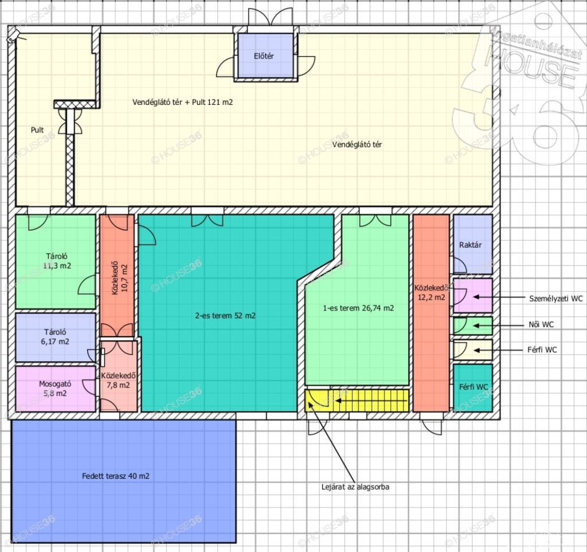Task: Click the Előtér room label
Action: coord(264,56)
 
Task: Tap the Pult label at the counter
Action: coord(37,130)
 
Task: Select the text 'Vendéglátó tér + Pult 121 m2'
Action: coord(183,102)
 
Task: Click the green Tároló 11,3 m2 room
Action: coord(56,261)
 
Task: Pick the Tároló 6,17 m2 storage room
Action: coord(56,337)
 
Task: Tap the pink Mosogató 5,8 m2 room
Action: coord(56,389)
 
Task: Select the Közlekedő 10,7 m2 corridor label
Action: coord(120,278)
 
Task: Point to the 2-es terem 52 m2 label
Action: coord(225,316)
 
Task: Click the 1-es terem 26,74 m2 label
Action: coord(358,308)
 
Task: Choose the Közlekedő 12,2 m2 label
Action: coord(432,293)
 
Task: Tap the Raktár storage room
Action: coord(473,244)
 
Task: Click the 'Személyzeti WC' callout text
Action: coord(556,299)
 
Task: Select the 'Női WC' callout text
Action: coord(541,324)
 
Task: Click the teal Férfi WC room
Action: coord(473,388)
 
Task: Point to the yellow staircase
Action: coord(357,401)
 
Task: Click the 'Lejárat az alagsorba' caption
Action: coord(355,487)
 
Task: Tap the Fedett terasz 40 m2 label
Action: coord(116,476)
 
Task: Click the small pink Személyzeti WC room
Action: coord(473,295)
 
